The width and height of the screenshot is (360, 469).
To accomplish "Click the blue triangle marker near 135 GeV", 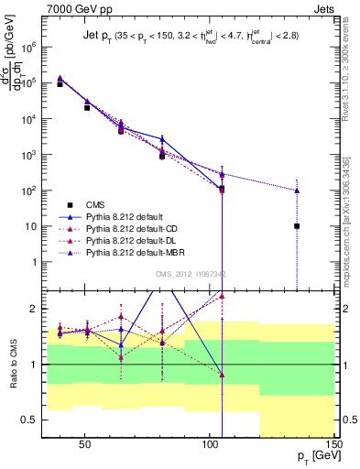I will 297,191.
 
